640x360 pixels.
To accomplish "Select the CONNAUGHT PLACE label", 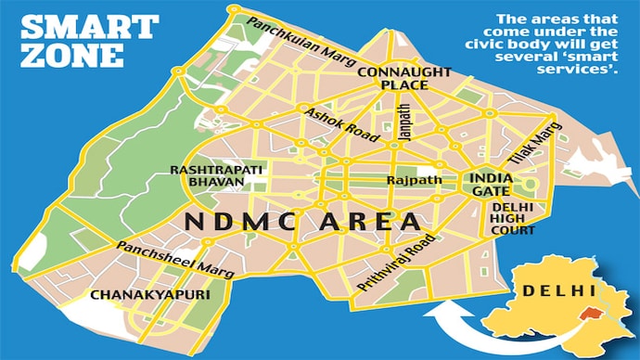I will pos(391,78).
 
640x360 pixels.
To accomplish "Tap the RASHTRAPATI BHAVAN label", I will pos(208,176).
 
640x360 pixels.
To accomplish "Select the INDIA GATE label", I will pos(491,182).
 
